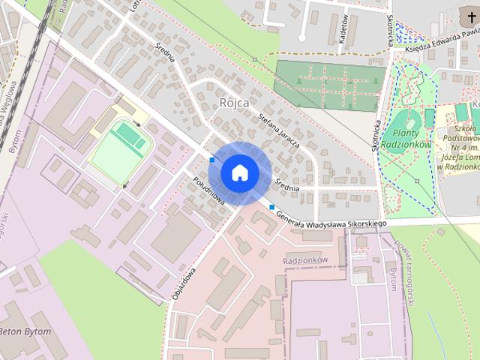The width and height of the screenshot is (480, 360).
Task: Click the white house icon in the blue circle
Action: pyautogui.click(x=239, y=172)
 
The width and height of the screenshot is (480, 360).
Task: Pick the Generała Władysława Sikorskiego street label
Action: pyautogui.click(x=330, y=219)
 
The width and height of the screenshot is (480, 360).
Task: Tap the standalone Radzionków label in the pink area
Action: pyautogui.click(x=306, y=259)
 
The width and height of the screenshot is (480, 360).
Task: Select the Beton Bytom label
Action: pyautogui.click(x=26, y=331)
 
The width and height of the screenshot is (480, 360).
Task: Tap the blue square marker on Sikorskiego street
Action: pyautogui.click(x=271, y=207)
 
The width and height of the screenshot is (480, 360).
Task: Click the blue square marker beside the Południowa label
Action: pyautogui.click(x=213, y=159)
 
